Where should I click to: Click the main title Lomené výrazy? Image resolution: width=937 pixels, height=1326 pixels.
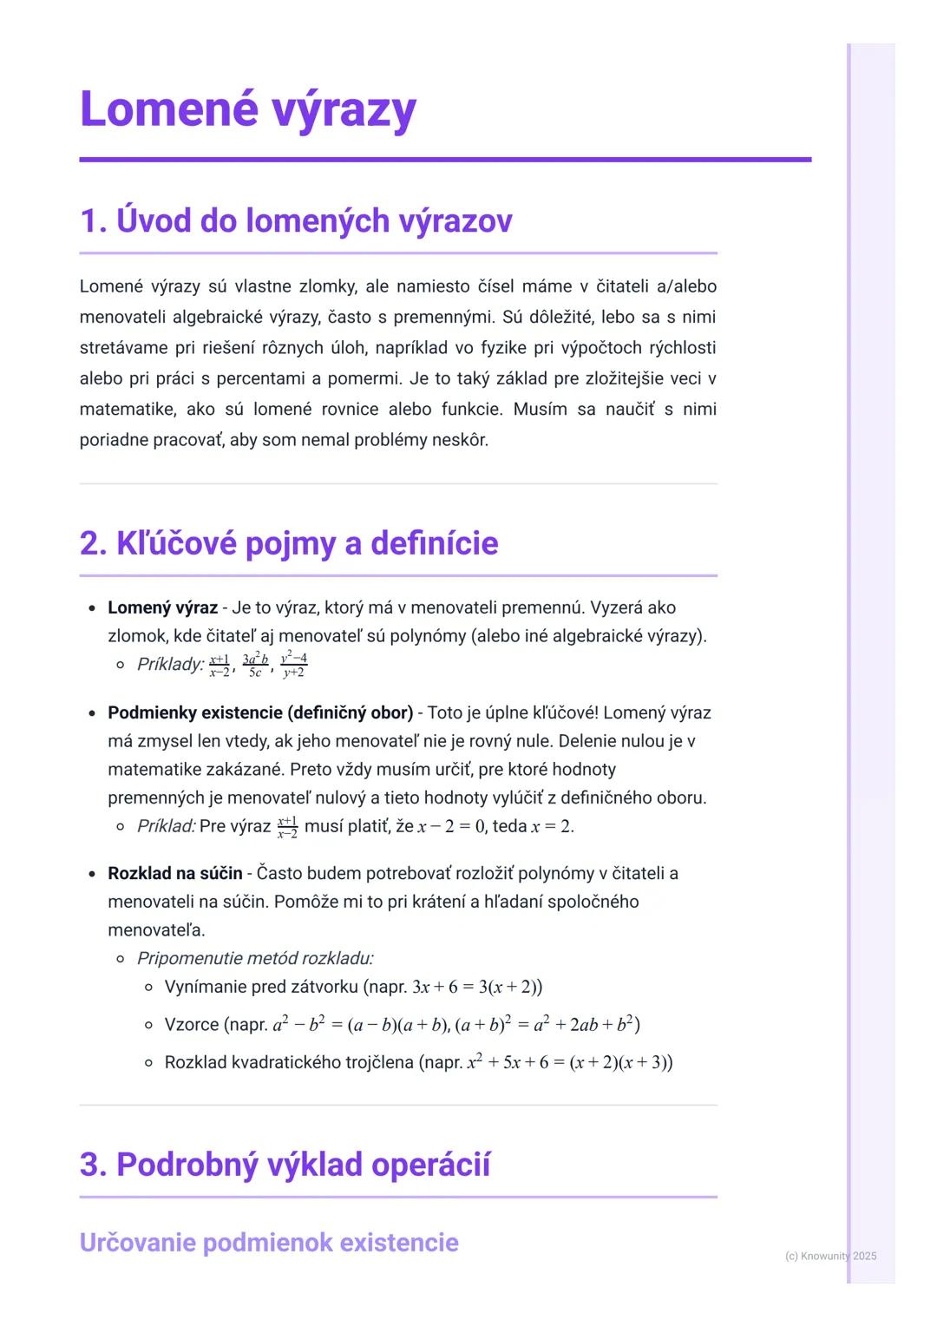click(248, 110)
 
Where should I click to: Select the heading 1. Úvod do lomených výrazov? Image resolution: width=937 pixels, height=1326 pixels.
click(296, 220)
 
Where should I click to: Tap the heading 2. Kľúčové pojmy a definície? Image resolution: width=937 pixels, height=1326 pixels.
click(289, 543)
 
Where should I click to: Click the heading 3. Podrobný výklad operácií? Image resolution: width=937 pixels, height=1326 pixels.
click(285, 1164)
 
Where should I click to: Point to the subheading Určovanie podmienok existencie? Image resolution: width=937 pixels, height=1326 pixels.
click(269, 1242)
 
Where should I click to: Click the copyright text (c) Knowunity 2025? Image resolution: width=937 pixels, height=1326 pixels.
click(830, 1256)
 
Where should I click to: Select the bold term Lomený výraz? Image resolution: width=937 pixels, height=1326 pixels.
click(162, 607)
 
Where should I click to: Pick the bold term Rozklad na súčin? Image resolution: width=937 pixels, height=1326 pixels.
click(174, 873)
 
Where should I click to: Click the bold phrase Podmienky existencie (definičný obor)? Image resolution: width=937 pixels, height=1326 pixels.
click(260, 712)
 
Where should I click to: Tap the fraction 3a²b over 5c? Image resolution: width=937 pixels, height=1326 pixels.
click(255, 665)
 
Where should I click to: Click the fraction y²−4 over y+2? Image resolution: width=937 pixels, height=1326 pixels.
click(294, 665)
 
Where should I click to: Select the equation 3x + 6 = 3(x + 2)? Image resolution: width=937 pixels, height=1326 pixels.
click(476, 987)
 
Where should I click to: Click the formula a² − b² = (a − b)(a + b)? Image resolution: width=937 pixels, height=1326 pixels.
click(360, 1025)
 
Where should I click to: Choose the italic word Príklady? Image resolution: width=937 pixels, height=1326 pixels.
click(170, 665)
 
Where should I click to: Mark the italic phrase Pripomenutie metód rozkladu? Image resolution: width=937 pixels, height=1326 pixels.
click(255, 958)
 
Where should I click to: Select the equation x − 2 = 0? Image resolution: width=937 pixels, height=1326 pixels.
click(450, 826)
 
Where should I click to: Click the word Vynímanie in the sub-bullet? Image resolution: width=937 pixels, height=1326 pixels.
click(205, 987)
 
